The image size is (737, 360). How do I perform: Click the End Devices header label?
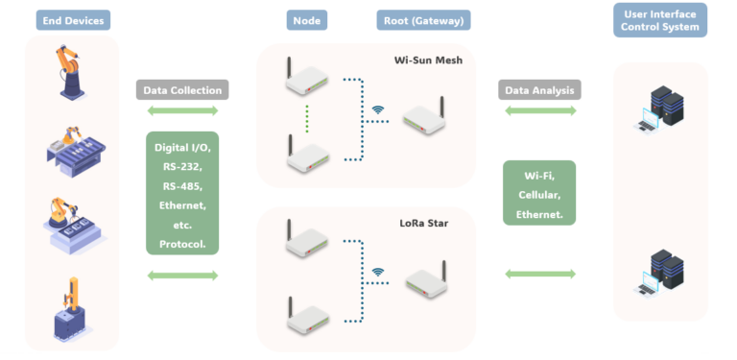(72, 20)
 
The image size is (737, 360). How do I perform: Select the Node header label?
(306, 20)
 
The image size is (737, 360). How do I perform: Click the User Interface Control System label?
(659, 20)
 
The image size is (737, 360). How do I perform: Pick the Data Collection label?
(182, 90)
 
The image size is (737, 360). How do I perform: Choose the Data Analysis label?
(539, 90)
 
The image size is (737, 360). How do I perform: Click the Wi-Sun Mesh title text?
(428, 60)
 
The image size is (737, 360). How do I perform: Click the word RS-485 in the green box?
(182, 184)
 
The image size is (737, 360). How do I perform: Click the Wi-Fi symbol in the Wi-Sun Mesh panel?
(378, 108)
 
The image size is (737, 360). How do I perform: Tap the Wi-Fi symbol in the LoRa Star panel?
(378, 272)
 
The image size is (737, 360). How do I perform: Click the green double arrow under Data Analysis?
(539, 111)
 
